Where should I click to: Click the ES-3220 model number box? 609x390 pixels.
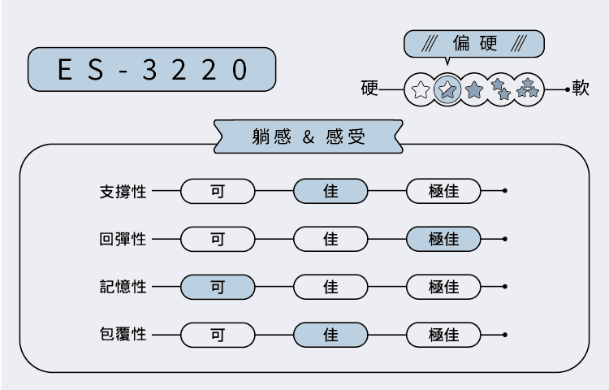(152, 70)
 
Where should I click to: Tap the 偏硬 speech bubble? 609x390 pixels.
(473, 43)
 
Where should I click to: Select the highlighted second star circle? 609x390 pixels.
(447, 89)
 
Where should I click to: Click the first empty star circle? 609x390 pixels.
(420, 89)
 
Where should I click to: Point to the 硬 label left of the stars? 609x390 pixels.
(369, 89)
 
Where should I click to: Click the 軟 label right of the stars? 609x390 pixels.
(581, 89)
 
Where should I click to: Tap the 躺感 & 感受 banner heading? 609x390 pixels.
(309, 136)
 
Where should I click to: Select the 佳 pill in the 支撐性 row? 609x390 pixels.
(330, 192)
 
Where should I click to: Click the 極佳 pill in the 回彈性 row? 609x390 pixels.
(443, 240)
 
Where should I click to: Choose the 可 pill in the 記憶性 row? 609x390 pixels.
(218, 287)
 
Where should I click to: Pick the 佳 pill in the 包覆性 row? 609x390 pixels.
(330, 334)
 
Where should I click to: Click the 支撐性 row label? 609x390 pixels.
(123, 192)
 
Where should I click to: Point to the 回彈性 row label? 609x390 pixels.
(123, 240)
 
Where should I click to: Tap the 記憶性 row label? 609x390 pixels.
(123, 287)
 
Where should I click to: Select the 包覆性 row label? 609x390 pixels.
(123, 334)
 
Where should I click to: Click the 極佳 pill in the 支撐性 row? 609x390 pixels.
(443, 192)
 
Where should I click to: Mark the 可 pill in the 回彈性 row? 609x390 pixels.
(218, 240)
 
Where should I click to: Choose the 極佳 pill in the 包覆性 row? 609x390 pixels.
(443, 334)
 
